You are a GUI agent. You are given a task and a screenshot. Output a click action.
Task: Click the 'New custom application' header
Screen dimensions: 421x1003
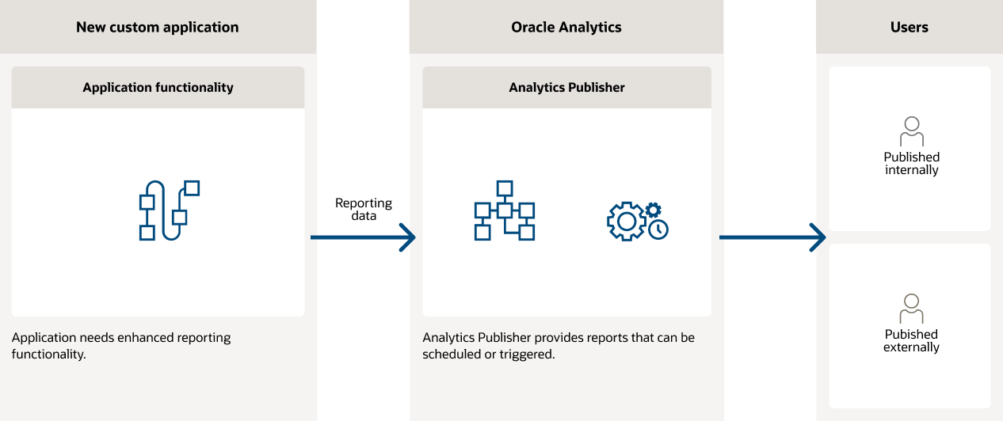point(157,27)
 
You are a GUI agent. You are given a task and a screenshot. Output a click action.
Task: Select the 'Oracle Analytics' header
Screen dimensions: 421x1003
point(566,27)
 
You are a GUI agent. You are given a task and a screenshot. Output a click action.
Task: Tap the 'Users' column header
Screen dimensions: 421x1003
point(909,27)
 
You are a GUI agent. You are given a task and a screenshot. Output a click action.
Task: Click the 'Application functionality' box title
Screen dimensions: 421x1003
point(158,87)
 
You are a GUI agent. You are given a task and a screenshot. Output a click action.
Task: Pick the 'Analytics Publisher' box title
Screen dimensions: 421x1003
point(566,87)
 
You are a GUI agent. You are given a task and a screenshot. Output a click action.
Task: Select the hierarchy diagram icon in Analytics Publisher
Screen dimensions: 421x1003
point(504,210)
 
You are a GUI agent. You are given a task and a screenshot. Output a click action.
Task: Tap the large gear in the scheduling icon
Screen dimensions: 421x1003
point(626,222)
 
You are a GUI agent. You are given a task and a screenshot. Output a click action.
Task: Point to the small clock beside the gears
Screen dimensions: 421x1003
point(658,229)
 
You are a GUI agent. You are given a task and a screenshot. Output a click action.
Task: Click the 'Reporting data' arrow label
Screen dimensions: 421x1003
point(364,209)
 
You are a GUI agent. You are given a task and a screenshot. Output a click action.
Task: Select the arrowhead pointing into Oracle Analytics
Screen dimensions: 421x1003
point(408,237)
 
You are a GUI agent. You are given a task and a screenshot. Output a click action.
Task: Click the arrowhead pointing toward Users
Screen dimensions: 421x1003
point(818,237)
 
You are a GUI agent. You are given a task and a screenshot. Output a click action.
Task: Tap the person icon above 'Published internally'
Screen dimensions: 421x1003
point(912,131)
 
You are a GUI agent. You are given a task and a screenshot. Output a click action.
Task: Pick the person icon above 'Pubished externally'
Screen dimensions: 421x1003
point(912,309)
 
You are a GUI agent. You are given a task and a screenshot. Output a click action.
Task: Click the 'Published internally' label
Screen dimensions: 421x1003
point(912,163)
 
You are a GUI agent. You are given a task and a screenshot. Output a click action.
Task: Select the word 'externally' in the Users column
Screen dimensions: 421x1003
point(912,347)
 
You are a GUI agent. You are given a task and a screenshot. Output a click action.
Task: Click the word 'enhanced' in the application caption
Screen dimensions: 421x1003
point(143,338)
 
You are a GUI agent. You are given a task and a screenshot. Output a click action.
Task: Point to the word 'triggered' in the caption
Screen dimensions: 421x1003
point(526,355)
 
